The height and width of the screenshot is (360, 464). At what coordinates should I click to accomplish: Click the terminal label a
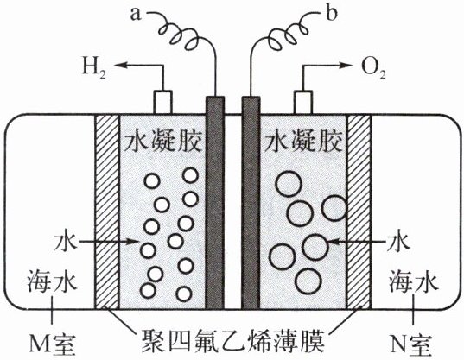coord(136,15)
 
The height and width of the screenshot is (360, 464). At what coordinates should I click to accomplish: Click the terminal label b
coord(331,13)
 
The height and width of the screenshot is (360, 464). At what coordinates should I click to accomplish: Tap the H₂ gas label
coord(94,66)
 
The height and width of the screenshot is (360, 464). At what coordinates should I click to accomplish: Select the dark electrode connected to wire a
coord(215,203)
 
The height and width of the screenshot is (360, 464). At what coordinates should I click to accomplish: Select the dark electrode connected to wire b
coord(251,203)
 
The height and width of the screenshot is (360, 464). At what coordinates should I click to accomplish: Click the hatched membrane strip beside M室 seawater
coord(106,212)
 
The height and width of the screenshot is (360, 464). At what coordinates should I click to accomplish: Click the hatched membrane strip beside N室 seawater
coord(359,212)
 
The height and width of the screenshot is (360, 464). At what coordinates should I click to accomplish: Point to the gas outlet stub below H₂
coord(162,102)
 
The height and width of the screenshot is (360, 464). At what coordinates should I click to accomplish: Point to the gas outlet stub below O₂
coord(303,102)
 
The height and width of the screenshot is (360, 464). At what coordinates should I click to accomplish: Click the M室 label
coord(53,344)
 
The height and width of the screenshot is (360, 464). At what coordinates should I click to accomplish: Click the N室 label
coord(410,344)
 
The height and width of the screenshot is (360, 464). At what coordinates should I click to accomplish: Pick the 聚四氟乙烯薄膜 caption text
coord(234,341)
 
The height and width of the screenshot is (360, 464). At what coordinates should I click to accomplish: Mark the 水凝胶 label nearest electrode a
coord(162,142)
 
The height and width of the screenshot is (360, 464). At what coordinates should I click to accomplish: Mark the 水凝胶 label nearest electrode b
coord(304,142)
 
